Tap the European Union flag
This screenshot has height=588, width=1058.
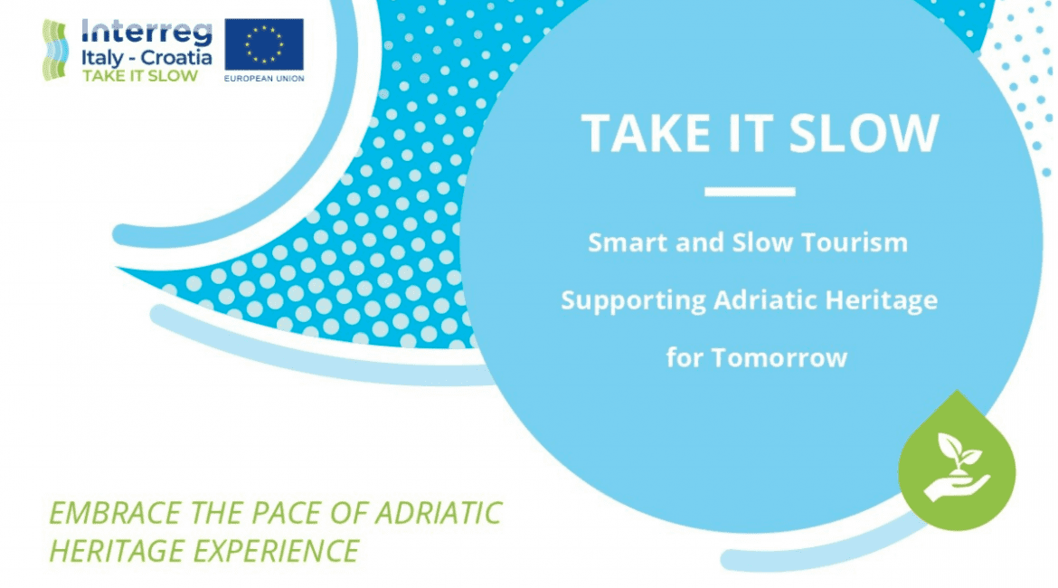coord(264,44)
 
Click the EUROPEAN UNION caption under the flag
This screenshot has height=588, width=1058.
coord(264,79)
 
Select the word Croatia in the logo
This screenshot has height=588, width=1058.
coord(176,57)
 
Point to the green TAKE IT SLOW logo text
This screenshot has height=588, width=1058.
coord(140,76)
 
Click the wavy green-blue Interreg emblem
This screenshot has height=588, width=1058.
coord(55,50)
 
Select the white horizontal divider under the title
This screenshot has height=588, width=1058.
coord(750,192)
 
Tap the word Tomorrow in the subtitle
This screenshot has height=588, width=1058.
coord(779,358)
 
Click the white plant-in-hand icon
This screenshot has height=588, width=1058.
coord(957,467)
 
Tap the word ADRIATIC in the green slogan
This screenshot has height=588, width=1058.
coord(439,513)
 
